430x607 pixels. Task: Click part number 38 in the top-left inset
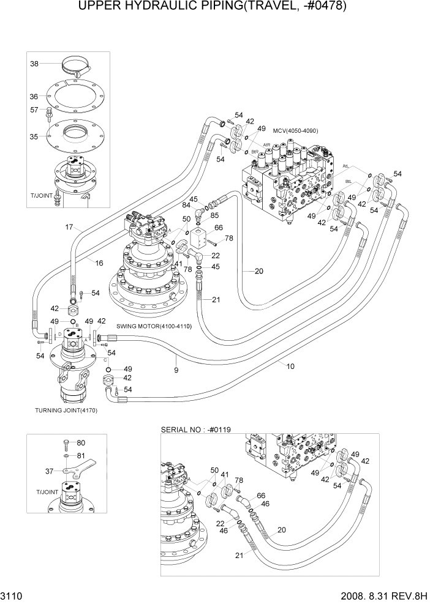(x=34, y=64)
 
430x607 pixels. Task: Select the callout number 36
(x=34, y=96)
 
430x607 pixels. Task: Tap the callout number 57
(x=34, y=110)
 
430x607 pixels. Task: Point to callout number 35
(x=34, y=137)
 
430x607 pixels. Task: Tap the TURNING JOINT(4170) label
(x=66, y=410)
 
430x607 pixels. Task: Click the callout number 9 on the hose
(x=176, y=370)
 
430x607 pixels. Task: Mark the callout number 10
(x=290, y=366)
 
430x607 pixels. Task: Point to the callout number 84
(x=186, y=204)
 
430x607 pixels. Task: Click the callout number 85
(x=215, y=215)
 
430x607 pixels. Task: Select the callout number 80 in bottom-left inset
(x=81, y=442)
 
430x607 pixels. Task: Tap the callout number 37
(x=50, y=471)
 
